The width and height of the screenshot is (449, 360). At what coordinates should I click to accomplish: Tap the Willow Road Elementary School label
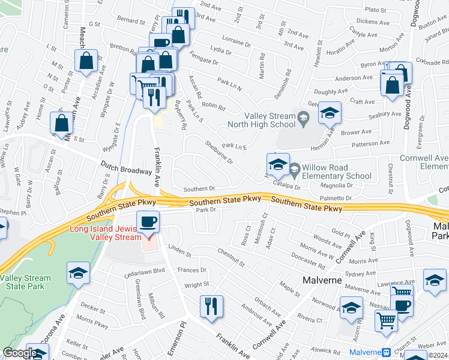coord(337,172)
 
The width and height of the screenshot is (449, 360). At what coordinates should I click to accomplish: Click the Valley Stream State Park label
coord(25,283)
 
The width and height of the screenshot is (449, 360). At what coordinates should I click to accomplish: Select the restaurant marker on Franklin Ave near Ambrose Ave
coord(211,307)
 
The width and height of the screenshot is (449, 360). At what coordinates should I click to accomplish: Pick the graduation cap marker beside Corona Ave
coord(78,274)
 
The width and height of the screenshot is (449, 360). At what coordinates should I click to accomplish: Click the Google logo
coord(19,353)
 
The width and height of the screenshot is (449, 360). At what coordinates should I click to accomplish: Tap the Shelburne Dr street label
coord(218,152)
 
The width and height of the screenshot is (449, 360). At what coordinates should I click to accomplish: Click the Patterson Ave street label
coord(371,144)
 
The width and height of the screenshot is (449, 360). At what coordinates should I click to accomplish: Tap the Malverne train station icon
coord(387,352)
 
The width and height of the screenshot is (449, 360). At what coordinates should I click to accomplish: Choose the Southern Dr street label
coord(199,190)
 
